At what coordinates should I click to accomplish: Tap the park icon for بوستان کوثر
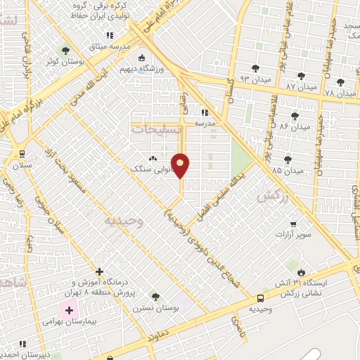(65, 50)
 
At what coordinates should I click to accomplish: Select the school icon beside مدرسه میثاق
(109, 35)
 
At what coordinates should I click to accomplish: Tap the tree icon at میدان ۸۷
(301, 76)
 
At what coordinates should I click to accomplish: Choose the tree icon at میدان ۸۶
(294, 116)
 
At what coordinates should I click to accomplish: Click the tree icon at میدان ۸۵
(287, 161)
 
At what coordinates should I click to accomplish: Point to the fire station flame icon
(302, 272)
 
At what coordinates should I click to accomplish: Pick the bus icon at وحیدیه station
(261, 298)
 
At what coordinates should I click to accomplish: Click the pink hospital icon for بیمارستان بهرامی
(69, 310)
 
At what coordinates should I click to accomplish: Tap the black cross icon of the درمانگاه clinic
(99, 271)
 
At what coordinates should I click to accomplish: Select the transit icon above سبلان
(22, 154)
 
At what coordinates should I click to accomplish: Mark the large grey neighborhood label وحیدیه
(124, 221)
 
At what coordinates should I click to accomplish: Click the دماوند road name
(161, 337)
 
